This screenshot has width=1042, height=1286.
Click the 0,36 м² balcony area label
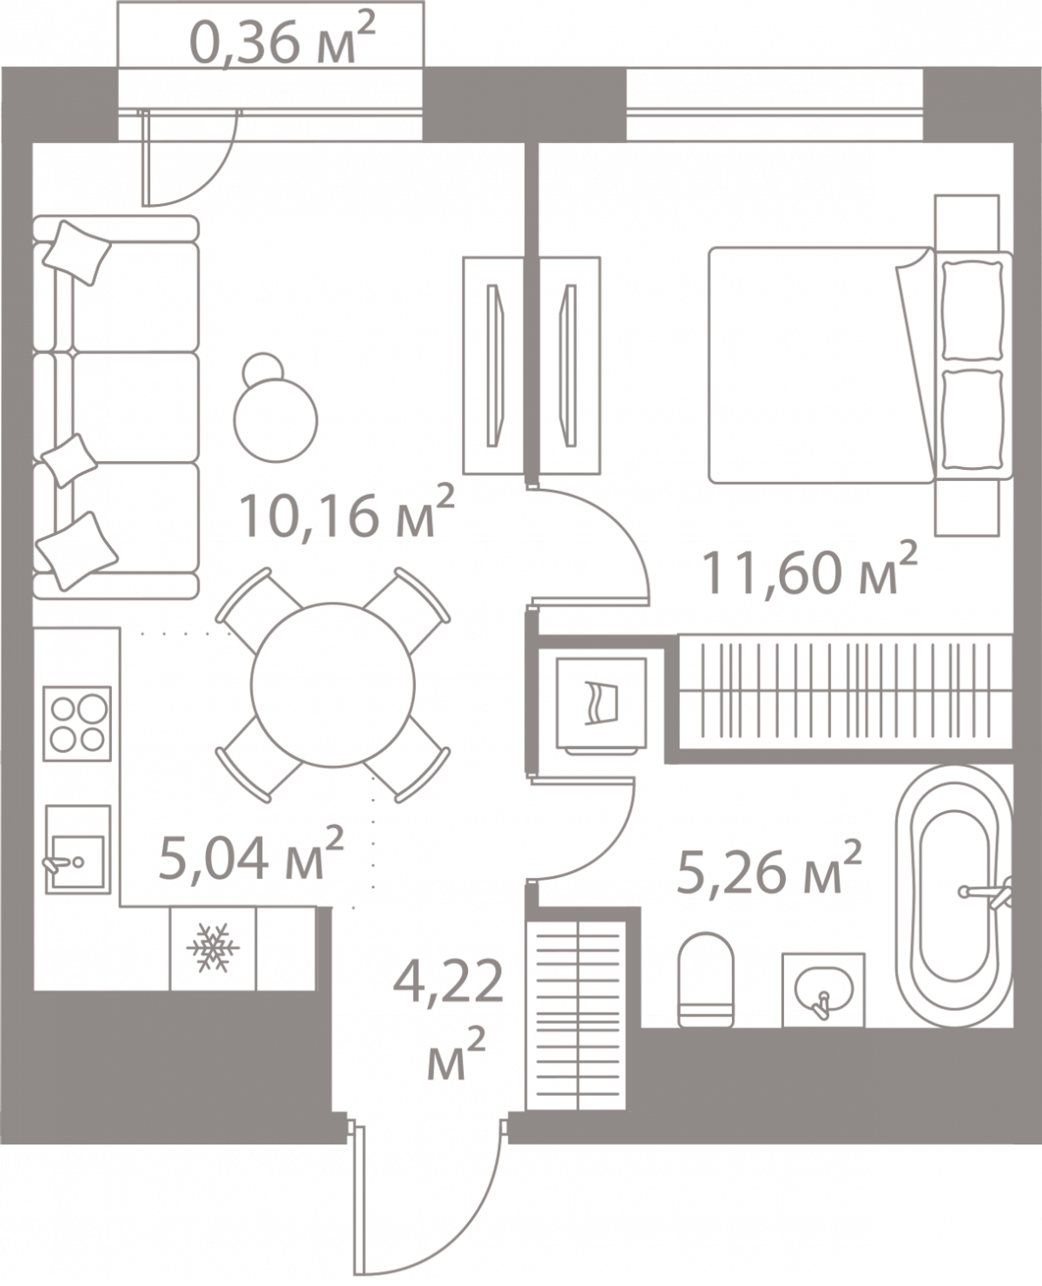click(281, 39)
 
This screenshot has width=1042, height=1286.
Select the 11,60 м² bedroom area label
click(811, 569)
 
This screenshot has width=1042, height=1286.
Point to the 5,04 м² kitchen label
click(250, 855)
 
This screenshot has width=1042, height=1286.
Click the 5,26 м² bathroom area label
click(768, 869)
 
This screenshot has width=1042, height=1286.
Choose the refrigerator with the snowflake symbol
click(213, 949)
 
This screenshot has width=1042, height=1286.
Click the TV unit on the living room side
click(493, 365)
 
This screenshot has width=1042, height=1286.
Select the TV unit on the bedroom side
click(570, 365)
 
